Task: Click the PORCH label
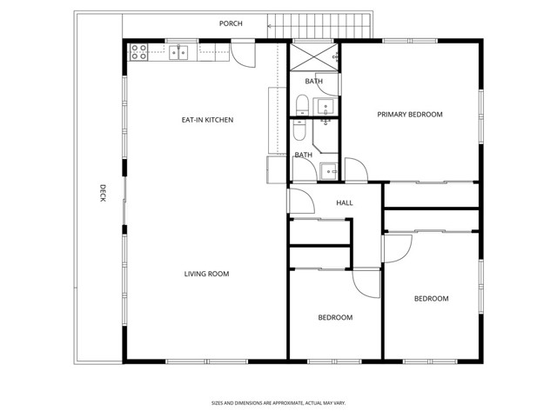[231, 23]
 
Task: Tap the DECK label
[102, 193]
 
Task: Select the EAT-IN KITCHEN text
[207, 120]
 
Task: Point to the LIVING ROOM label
[206, 275]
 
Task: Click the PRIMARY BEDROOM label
[409, 115]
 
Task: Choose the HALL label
[345, 203]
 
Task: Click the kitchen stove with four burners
[138, 52]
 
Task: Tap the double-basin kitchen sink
[179, 52]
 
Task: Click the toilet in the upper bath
[300, 106]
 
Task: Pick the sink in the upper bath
[325, 107]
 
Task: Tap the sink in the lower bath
[329, 169]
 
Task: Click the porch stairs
[322, 26]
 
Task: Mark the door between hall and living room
[301, 202]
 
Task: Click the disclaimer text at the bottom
[278, 403]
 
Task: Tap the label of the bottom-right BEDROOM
[431, 299]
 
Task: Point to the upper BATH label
[313, 82]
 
